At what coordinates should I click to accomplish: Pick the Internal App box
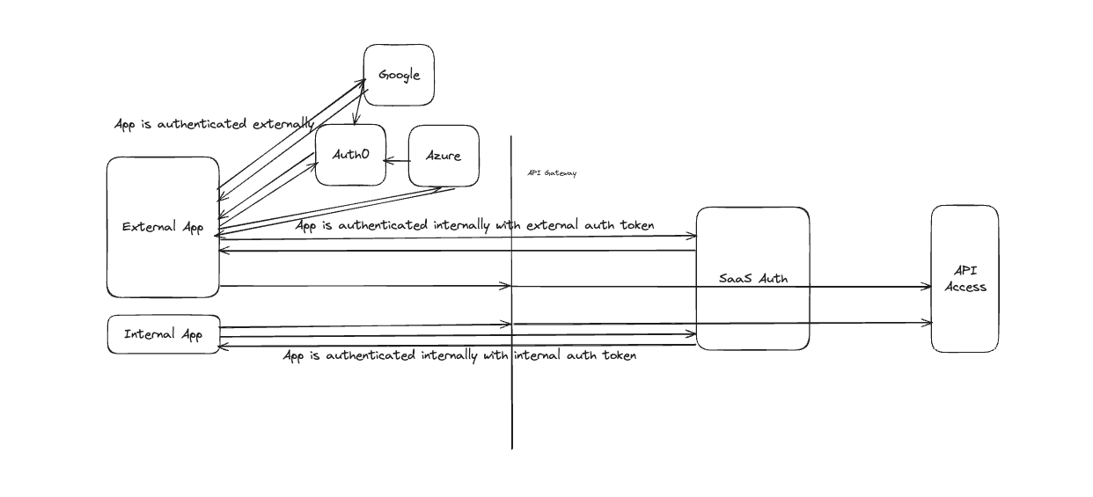point(163,334)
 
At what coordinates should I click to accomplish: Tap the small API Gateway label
point(552,173)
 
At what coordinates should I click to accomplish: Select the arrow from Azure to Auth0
point(398,160)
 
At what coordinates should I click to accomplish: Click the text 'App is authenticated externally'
point(214,124)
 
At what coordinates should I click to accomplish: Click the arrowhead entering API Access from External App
point(926,287)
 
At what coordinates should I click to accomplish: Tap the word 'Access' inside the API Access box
point(965,287)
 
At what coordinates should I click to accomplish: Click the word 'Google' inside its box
point(400,75)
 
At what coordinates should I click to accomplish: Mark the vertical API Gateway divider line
point(512,396)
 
